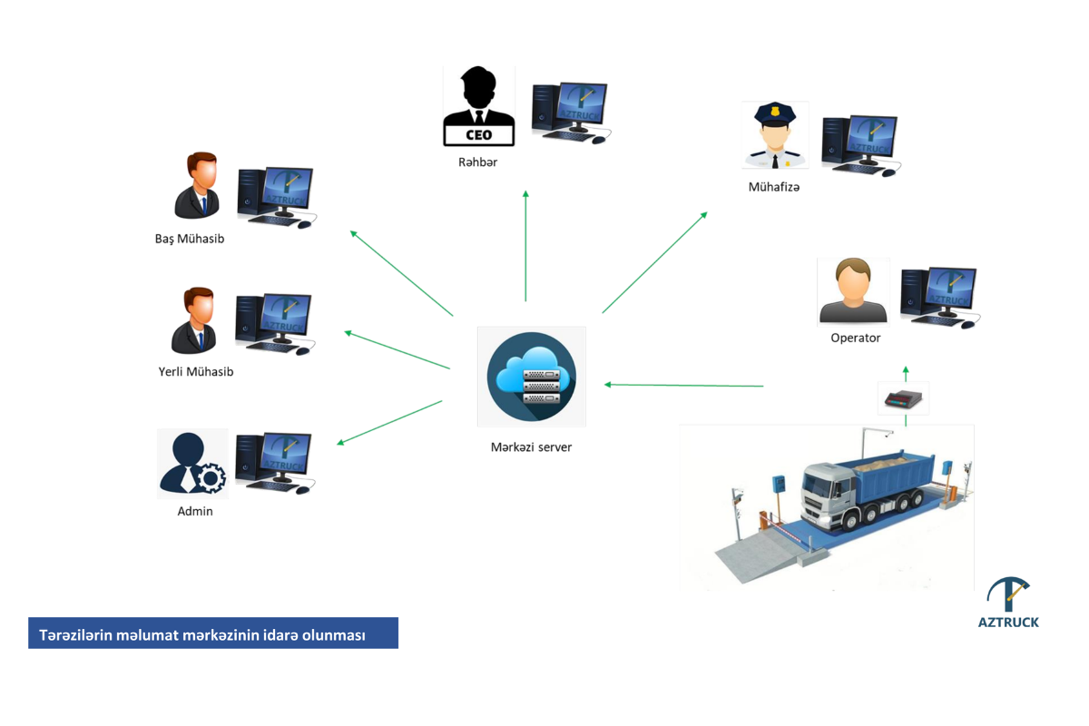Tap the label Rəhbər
tap(477, 162)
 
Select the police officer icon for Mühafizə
tap(775, 135)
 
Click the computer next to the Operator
tap(938, 297)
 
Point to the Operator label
tap(855, 338)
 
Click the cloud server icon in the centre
tap(531, 377)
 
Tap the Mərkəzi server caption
tap(531, 446)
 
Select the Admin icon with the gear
tap(192, 463)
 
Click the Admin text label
tap(195, 511)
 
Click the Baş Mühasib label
tap(190, 239)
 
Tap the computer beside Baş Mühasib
tap(276, 197)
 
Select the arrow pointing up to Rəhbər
tap(525, 245)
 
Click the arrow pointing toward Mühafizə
tap(654, 263)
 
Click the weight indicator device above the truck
tap(904, 398)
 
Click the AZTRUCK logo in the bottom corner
tap(1008, 603)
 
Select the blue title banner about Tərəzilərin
tap(213, 633)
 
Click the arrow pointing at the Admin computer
tap(390, 422)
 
